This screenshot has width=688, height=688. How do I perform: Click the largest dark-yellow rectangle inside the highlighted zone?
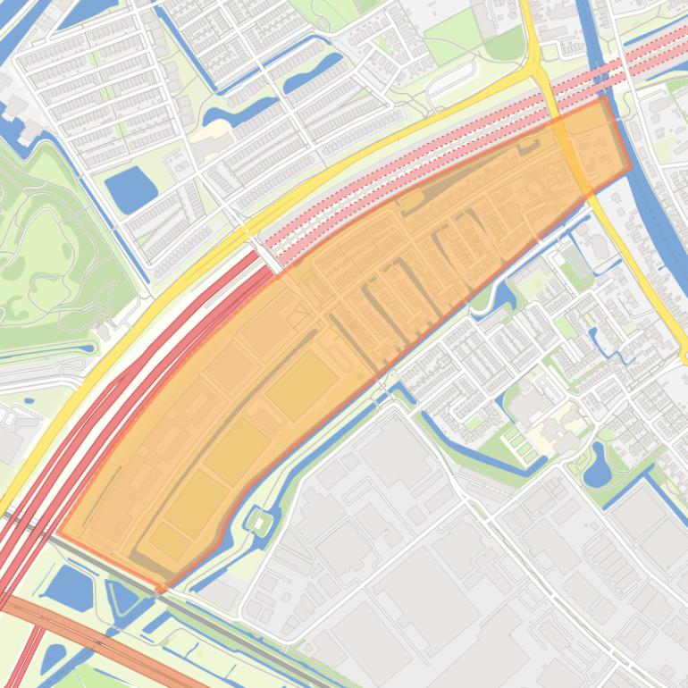[x=301, y=384]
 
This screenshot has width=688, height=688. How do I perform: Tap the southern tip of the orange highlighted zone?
[x=164, y=588]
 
